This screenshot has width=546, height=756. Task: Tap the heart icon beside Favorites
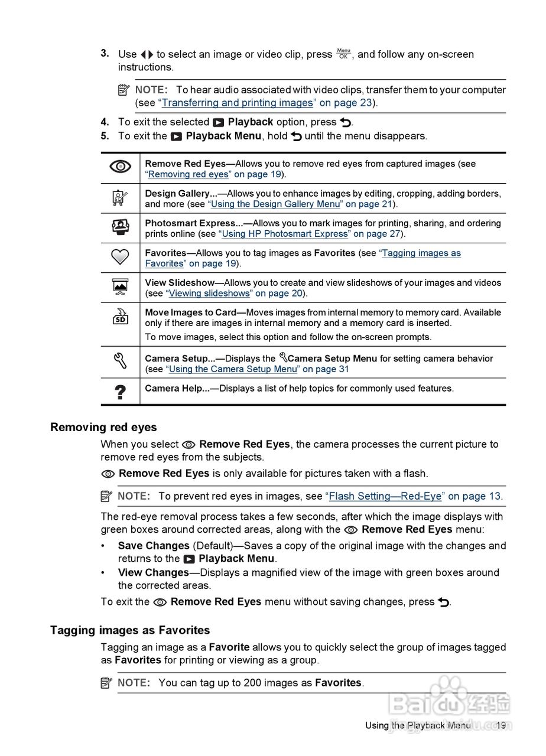click(x=120, y=257)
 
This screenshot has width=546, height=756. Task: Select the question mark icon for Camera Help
click(x=120, y=392)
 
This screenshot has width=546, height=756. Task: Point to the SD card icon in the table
click(x=120, y=317)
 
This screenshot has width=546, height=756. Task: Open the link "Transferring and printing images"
click(x=237, y=103)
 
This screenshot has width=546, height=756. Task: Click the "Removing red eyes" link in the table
click(x=188, y=174)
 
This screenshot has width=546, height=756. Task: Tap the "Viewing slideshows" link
click(x=208, y=294)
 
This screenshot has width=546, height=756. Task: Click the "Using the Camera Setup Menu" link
click(x=233, y=369)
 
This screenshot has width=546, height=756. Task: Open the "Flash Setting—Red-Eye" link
click(x=385, y=496)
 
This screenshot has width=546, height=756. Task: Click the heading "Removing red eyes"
click(x=103, y=427)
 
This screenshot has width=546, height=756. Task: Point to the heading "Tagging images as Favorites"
click(x=130, y=630)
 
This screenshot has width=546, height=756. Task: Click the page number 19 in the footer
click(x=501, y=725)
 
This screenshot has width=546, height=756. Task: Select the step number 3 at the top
click(x=105, y=53)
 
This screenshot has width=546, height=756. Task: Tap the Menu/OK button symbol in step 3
click(x=343, y=54)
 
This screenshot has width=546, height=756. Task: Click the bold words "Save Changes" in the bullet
click(x=154, y=546)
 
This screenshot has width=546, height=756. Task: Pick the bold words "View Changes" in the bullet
click(x=154, y=572)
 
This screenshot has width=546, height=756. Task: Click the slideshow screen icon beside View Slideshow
click(x=120, y=286)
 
